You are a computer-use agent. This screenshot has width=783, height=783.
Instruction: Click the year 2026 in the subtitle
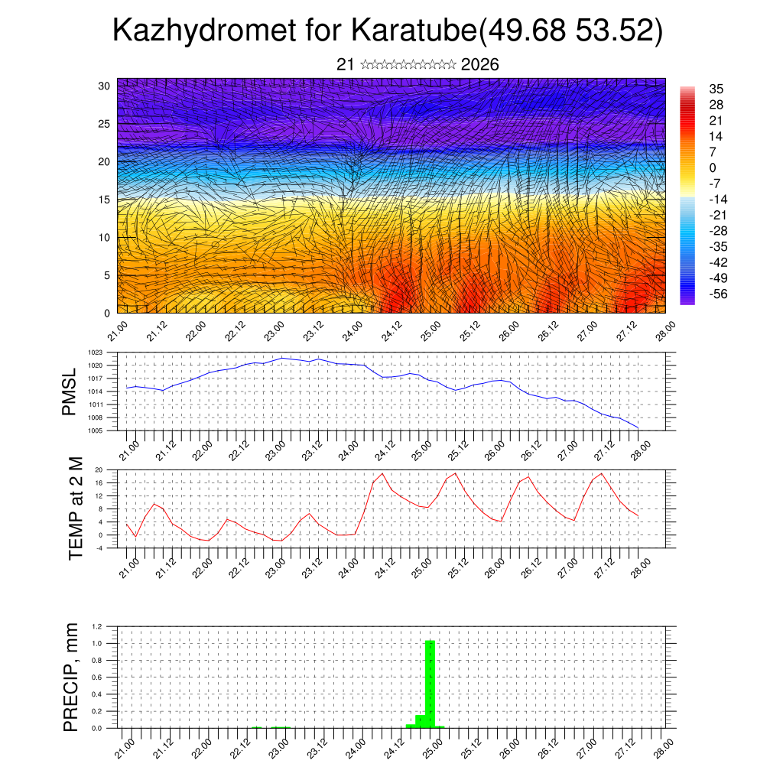(x=480, y=65)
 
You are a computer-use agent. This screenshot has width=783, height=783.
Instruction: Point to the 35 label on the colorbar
(x=716, y=89)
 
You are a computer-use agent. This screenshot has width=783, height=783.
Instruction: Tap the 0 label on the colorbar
(x=713, y=167)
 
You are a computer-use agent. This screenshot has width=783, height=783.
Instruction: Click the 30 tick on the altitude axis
(x=105, y=86)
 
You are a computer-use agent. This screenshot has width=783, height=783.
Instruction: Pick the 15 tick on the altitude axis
(x=105, y=200)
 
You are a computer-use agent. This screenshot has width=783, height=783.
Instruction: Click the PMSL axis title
(x=70, y=391)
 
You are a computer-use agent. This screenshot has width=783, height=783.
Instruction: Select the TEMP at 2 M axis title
(x=75, y=508)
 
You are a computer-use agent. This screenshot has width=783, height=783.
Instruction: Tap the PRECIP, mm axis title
(x=70, y=677)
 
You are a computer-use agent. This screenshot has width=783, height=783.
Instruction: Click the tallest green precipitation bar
(x=430, y=684)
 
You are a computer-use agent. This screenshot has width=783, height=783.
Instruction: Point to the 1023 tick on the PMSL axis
(x=95, y=353)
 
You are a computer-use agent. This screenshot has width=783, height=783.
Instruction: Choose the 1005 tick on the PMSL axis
(x=95, y=430)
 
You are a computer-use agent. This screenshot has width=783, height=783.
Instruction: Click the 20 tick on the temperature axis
(x=99, y=469)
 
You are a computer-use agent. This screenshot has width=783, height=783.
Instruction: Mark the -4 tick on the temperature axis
(x=99, y=547)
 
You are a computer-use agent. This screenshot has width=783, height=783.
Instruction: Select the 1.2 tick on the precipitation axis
(x=97, y=626)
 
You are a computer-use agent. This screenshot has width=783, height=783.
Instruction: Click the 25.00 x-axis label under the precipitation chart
(x=431, y=744)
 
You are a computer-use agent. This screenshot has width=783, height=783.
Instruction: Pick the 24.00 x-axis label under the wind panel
(x=353, y=332)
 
